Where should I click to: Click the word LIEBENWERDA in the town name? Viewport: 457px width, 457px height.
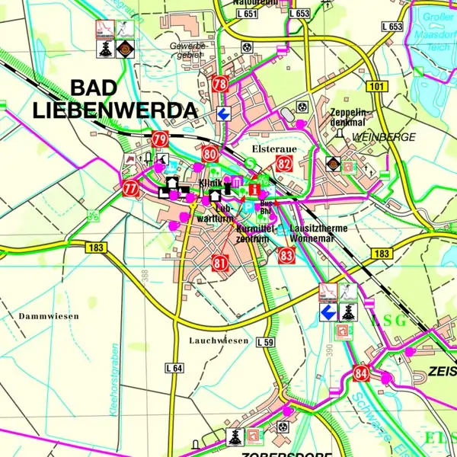114,110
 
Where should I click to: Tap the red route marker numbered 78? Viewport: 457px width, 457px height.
220,84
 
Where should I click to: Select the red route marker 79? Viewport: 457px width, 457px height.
159,139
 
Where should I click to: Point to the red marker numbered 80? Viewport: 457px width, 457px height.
211,155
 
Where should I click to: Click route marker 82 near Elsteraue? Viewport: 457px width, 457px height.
284,162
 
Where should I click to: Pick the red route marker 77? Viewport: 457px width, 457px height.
130,187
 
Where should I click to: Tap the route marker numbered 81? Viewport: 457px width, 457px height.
221,264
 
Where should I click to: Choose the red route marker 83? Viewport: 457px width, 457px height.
286,255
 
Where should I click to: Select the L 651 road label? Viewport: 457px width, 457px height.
247,14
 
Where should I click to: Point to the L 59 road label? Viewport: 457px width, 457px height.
264,342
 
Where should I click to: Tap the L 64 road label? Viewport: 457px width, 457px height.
174,368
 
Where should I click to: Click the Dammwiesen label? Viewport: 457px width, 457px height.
49,315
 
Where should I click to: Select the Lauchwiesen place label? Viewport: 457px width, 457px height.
219,340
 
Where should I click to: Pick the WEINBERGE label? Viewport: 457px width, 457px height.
384,137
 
